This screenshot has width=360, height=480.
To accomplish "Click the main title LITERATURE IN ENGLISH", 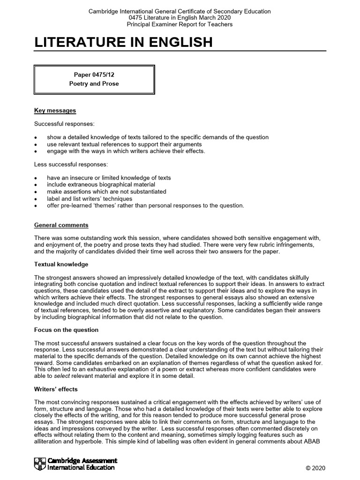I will (x=123, y=42).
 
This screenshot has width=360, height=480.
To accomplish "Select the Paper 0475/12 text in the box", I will (x=94, y=75).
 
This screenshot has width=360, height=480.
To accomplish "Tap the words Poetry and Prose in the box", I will (x=94, y=84).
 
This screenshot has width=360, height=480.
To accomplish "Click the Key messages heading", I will (x=55, y=111).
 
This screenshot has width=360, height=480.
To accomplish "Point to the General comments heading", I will (x=61, y=225).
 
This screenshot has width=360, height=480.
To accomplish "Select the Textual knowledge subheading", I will (x=61, y=264).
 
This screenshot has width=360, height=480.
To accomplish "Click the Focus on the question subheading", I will (x=66, y=330).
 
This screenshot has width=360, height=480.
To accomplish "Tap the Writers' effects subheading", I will (x=56, y=389).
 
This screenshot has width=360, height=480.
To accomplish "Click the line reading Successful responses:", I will (x=64, y=124).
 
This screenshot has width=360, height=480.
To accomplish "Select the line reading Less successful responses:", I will (x=71, y=165).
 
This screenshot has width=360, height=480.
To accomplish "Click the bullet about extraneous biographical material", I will (x=101, y=185).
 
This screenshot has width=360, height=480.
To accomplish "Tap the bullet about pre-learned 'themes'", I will (x=145, y=205).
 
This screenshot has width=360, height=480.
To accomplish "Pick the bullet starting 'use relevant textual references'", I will (x=124, y=144).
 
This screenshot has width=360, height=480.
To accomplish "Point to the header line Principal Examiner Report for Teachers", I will (x=180, y=24).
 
